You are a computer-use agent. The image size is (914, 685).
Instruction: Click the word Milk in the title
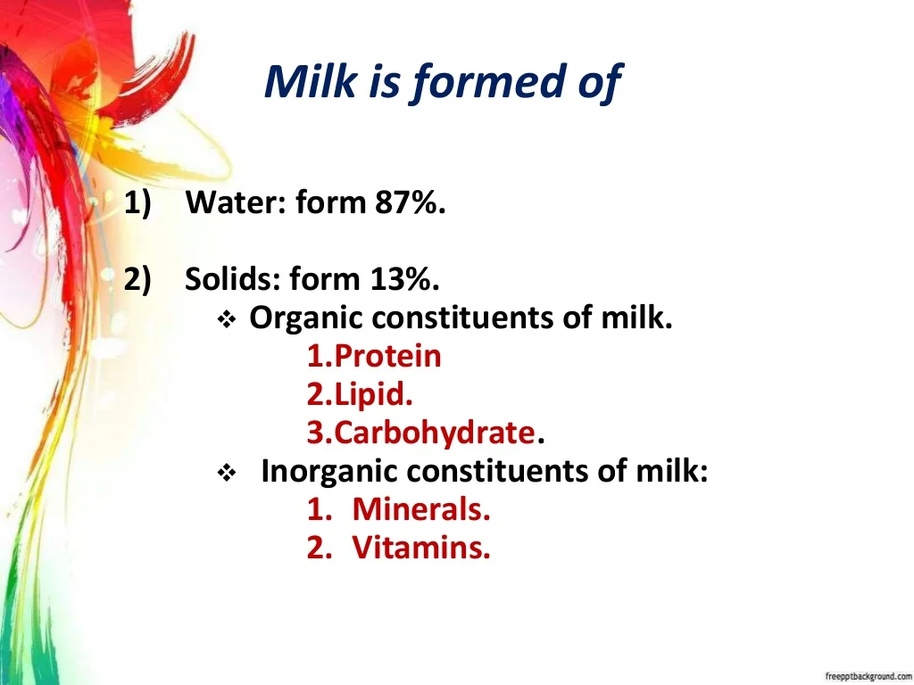310,81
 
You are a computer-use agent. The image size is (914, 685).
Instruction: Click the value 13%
404,279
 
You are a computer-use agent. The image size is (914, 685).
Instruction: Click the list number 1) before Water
137,203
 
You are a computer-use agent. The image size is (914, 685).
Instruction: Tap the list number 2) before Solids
137,280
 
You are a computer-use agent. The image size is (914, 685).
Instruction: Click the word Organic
307,318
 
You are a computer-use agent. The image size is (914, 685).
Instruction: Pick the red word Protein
387,356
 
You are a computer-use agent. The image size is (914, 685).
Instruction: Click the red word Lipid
374,394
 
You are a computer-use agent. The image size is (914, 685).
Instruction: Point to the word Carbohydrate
435,433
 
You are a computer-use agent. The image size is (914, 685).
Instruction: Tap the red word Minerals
421,509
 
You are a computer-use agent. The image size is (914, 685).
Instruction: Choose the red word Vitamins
421,548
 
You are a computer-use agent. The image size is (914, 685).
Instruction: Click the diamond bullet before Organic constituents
226,320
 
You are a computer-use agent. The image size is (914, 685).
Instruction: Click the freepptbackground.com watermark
868,676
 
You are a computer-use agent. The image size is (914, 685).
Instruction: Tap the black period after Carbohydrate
541,441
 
